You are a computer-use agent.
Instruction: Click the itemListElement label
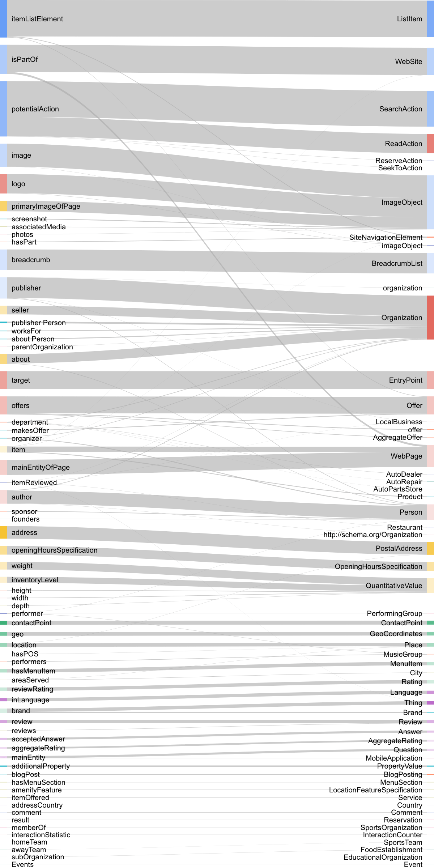point(37,19)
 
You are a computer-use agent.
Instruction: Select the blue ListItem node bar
point(430,19)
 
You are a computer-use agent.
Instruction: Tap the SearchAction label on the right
point(400,109)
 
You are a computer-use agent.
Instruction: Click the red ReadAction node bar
point(430,144)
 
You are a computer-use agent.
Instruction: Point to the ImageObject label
point(401,202)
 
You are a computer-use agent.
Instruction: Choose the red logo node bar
point(4,184)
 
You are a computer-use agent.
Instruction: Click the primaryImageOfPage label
point(46,206)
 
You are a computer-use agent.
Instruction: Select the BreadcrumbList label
point(397,263)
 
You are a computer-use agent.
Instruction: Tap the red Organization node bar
point(430,318)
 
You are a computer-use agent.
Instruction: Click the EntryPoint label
point(405,380)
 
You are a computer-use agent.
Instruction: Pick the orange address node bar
point(4,532)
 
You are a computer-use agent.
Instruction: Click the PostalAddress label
point(399,548)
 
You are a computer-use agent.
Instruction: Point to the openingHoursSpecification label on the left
point(54,550)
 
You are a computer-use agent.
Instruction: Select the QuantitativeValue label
point(393,586)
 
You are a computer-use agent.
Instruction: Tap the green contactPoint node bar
point(4,623)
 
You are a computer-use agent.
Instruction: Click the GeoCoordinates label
point(396,634)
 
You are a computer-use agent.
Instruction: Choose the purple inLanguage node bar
point(4,700)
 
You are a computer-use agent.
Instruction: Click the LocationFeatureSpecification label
point(375,790)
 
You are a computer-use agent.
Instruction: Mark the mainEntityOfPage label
point(41,467)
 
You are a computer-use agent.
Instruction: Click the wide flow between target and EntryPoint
point(217,380)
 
